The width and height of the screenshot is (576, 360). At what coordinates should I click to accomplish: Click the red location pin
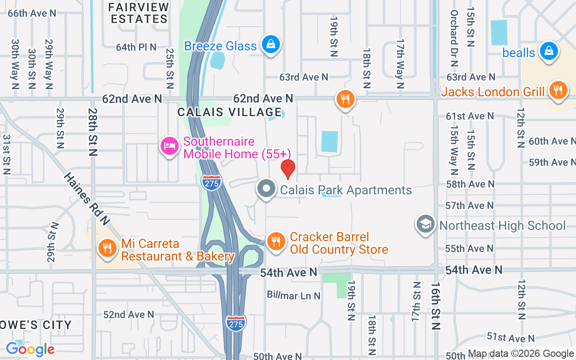(288, 169)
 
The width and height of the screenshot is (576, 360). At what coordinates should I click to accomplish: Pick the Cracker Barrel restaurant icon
(276, 242)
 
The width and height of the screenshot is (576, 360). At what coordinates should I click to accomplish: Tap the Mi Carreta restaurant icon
(107, 247)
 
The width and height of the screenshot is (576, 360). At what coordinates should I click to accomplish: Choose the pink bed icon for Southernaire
(170, 146)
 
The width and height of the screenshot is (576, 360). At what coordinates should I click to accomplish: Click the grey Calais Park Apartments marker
(266, 189)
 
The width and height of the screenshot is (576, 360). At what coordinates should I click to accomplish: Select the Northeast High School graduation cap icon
(426, 224)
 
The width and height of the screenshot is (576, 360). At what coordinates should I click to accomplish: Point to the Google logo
(30, 349)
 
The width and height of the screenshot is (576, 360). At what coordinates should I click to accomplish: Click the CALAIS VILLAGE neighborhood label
(229, 112)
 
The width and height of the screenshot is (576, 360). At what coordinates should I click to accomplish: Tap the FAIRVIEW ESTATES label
(139, 13)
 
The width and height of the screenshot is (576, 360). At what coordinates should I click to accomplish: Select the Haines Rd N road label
(86, 199)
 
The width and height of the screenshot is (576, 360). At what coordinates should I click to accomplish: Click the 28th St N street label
(93, 132)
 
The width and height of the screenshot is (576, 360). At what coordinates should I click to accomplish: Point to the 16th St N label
(435, 306)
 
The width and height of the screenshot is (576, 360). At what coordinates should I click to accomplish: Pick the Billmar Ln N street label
(293, 295)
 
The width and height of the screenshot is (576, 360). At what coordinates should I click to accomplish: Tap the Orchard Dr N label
(454, 39)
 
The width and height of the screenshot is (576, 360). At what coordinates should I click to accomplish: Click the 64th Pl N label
(136, 47)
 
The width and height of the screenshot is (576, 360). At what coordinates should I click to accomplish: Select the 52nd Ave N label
(129, 315)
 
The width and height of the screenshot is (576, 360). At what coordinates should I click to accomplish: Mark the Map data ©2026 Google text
(521, 354)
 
